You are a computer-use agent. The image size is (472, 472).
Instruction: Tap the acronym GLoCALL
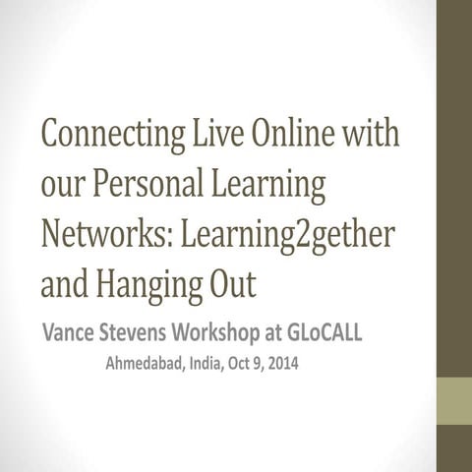coord(324,332)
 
